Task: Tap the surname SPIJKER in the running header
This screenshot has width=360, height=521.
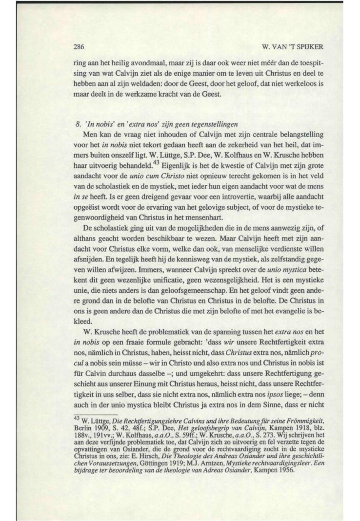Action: (284, 48)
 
